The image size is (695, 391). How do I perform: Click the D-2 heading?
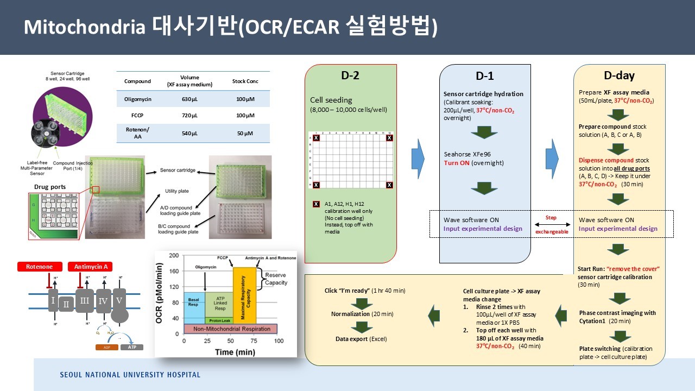point(350,76)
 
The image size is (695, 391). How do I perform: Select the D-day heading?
point(619,76)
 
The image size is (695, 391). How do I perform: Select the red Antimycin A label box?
point(90,267)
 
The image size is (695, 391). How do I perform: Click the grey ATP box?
point(132,346)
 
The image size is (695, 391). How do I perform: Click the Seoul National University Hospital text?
point(130,375)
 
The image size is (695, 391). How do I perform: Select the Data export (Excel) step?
point(361,339)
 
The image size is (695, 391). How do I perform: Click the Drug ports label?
point(49,187)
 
